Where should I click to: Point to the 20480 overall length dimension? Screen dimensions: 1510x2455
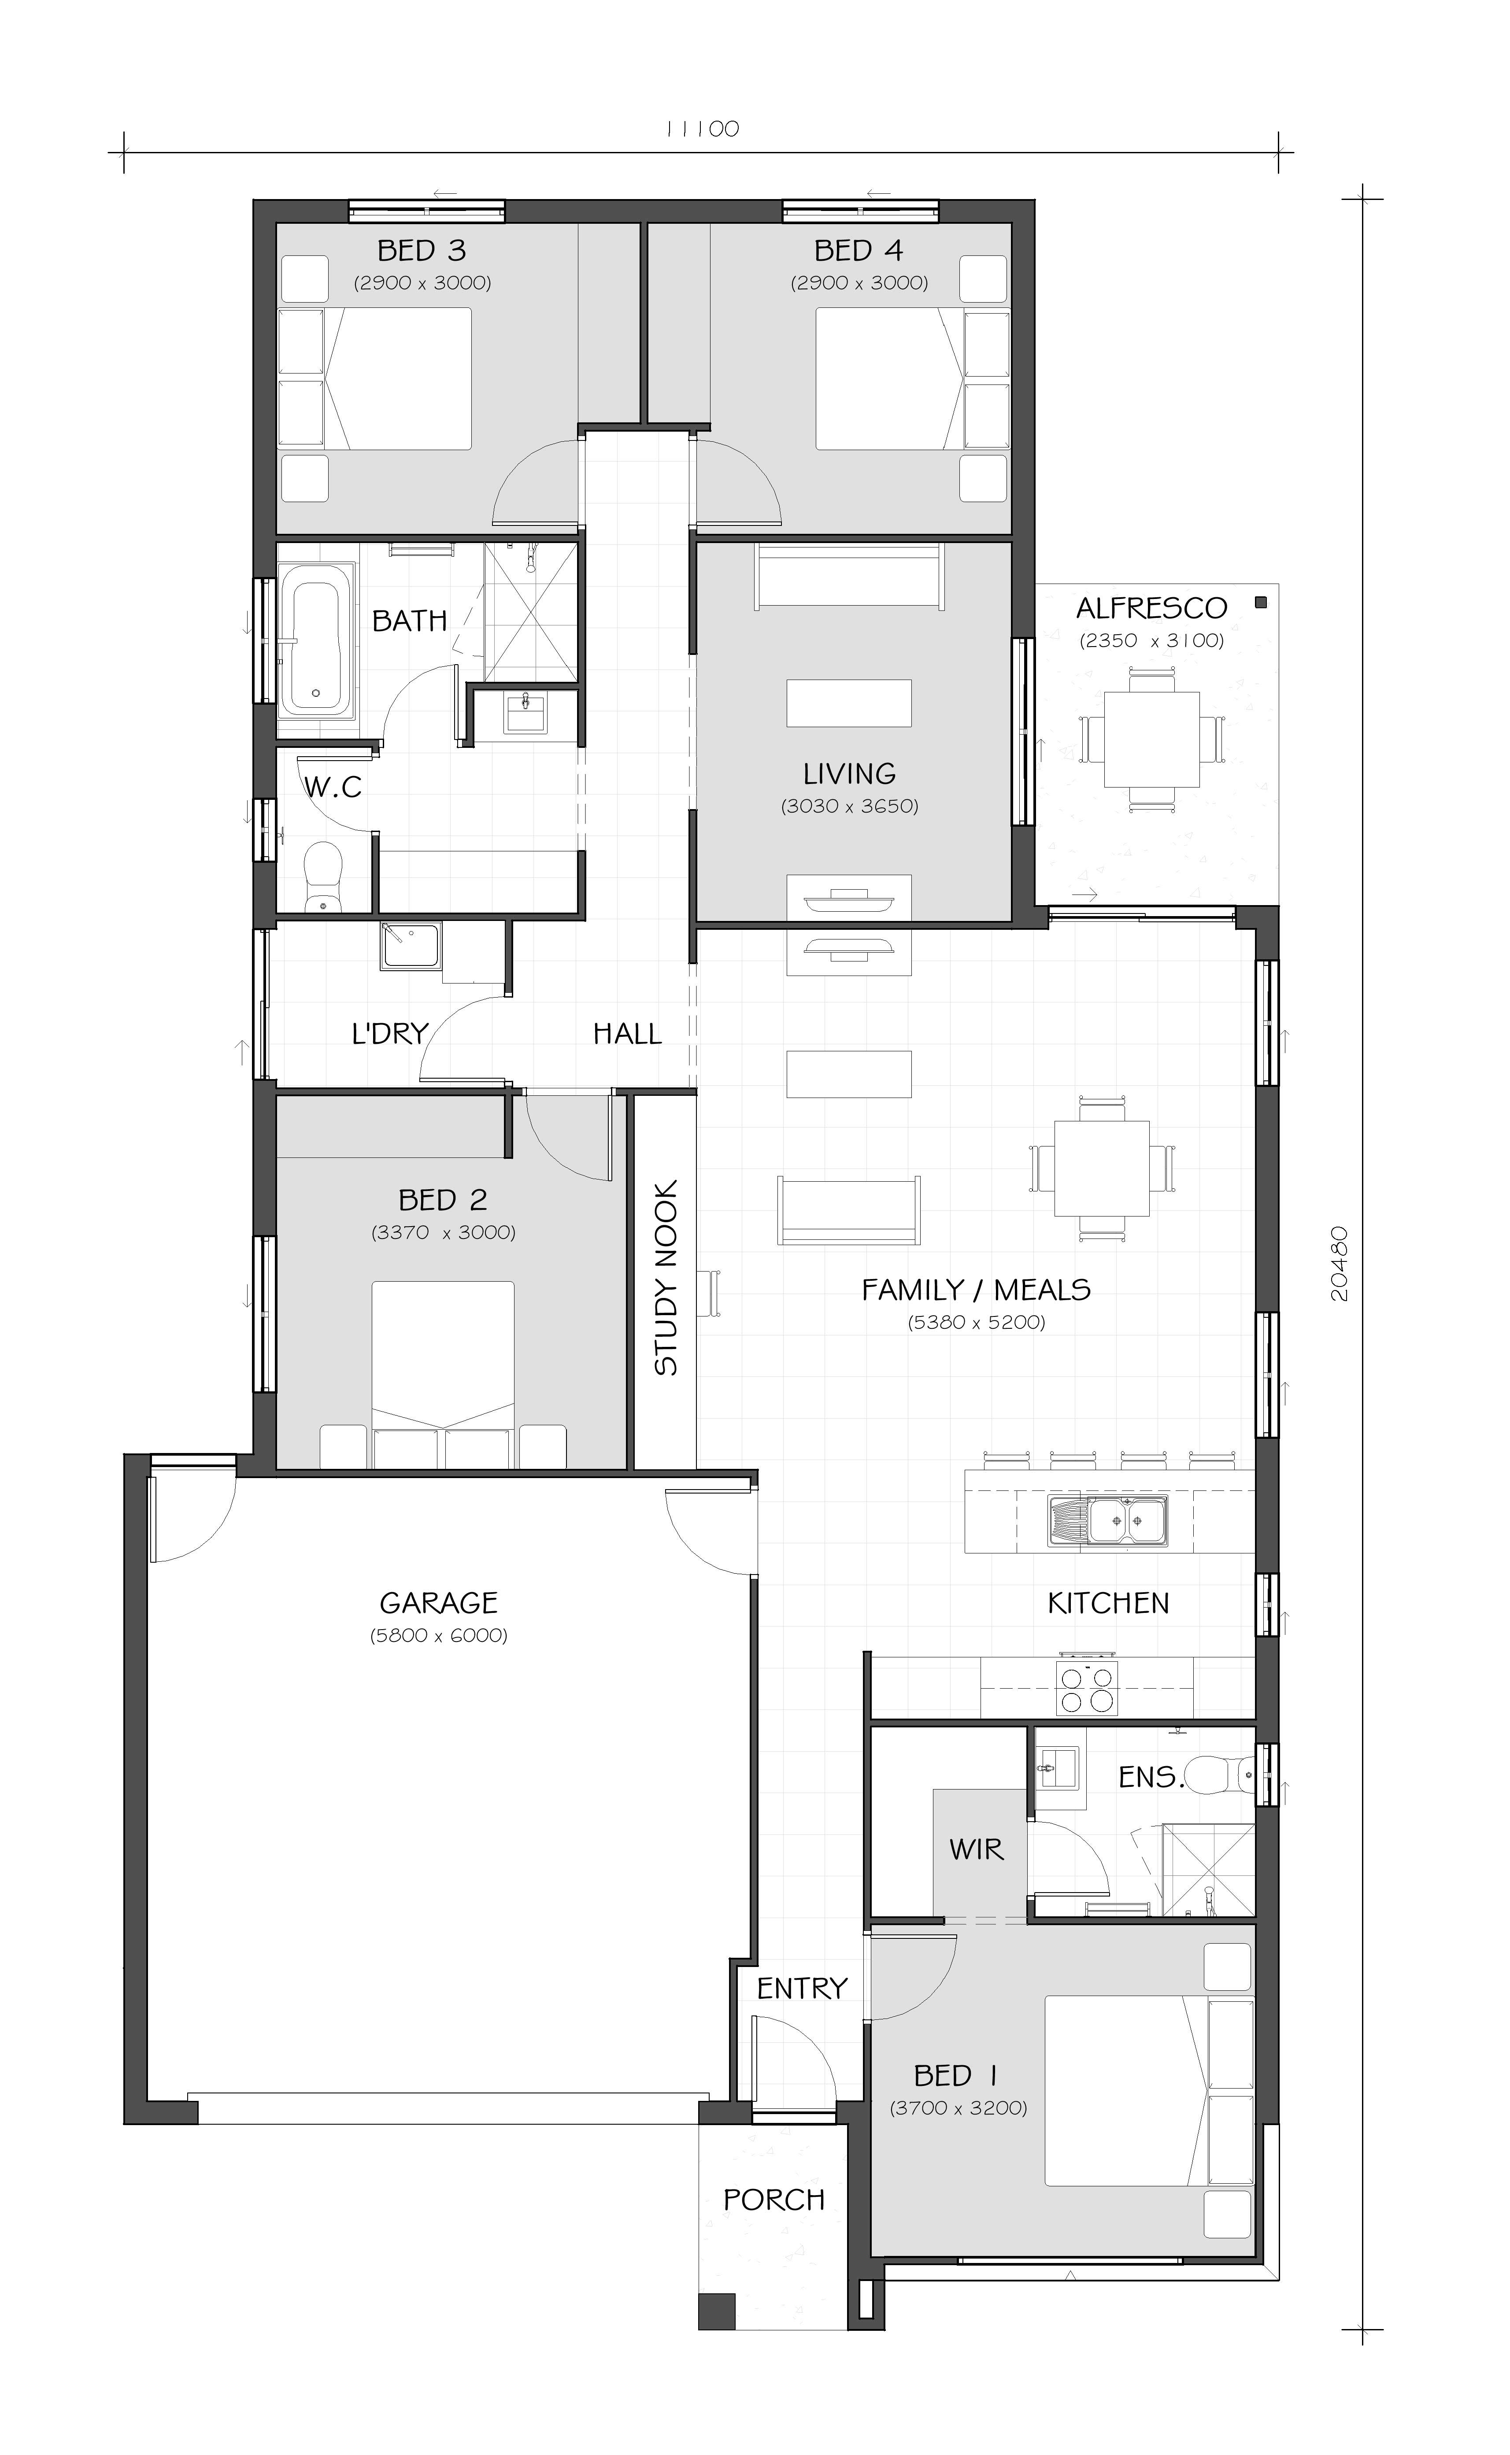pos(1340,1263)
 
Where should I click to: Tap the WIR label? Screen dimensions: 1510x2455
pos(976,1850)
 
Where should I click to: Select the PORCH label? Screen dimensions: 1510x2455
pos(774,2200)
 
